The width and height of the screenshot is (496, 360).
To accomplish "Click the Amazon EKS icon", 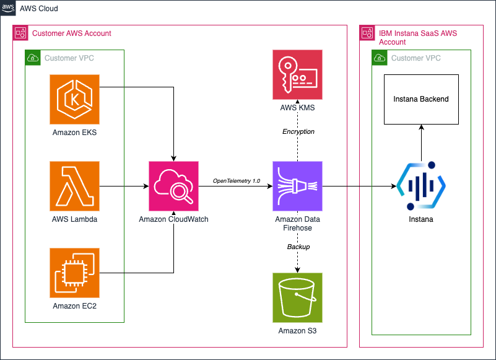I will (74, 99).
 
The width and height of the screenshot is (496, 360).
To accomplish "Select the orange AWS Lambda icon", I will (74, 186).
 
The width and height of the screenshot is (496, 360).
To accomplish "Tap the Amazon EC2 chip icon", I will (74, 273).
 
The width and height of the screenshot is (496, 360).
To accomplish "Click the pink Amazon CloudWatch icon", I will (173, 186).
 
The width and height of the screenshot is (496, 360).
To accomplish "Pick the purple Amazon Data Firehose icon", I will (297, 186).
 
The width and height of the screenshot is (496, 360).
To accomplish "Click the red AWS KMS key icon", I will (297, 75).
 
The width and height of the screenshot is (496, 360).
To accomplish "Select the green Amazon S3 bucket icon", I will (297, 297).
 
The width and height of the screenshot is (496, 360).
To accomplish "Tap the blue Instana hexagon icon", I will (421, 186).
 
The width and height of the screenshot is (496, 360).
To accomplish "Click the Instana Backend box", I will (421, 99).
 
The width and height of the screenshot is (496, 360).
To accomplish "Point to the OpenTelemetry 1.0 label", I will (235, 180).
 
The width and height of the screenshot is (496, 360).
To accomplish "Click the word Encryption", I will (298, 131).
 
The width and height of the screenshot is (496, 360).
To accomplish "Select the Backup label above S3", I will (298, 247).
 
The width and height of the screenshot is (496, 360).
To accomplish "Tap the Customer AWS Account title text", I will (71, 33).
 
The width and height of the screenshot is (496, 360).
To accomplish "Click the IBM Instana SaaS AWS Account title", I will (417, 37).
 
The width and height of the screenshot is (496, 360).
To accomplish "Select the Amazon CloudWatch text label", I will (173, 219).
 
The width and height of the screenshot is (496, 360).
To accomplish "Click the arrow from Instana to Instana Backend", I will (421, 143).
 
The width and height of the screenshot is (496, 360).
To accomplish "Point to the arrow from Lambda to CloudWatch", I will (124, 186).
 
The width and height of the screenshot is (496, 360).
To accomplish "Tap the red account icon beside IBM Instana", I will (367, 33).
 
